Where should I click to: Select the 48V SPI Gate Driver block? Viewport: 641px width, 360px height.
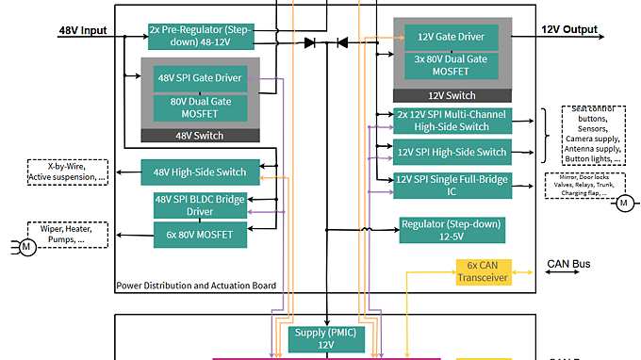(200, 78)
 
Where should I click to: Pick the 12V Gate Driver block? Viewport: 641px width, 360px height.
(451, 36)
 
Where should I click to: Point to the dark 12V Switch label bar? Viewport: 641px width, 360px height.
(451, 95)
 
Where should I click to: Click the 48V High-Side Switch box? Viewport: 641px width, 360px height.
(199, 172)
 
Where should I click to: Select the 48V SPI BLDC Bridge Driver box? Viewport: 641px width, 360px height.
(200, 205)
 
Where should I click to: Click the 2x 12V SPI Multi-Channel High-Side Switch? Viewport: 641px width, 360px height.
(452, 121)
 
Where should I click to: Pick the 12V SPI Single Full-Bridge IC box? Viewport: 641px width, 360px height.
(452, 186)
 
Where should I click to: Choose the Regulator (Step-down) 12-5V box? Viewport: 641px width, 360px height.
(452, 230)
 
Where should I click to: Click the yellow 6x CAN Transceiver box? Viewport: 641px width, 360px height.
(483, 271)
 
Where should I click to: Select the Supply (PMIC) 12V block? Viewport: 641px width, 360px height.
(325, 338)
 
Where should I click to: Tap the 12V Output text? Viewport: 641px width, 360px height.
(569, 30)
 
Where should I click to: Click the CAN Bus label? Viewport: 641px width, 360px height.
(569, 264)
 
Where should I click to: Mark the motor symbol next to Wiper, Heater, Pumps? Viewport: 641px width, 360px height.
(27, 247)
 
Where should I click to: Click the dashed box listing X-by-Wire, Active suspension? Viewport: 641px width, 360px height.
(68, 172)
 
